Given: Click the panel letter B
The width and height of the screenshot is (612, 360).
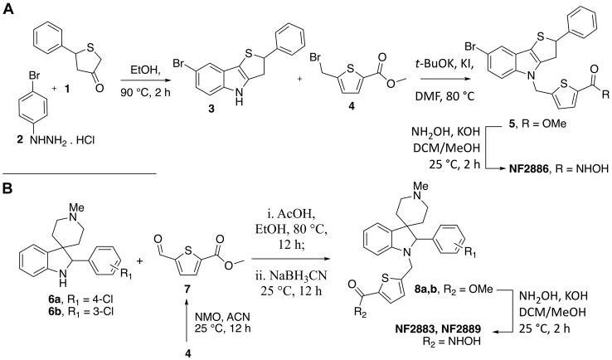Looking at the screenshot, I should point(9,189).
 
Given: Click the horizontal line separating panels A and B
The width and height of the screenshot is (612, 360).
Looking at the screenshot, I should point(80,174).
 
